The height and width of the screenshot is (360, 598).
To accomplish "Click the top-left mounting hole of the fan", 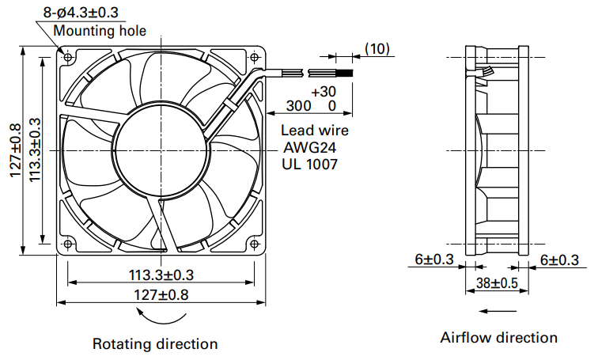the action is (68, 57).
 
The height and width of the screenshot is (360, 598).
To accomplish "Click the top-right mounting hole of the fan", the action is (254, 57).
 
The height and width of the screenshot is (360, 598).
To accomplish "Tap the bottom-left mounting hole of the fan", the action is (68, 244).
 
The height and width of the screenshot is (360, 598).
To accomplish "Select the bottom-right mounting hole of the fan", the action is (254, 244).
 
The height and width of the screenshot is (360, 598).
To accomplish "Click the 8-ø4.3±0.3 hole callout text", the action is (81, 12).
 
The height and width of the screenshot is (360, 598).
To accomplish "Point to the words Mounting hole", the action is (100, 31).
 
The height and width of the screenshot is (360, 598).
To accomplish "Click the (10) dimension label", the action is (377, 49).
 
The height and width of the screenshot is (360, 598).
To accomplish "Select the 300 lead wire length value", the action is (299, 106).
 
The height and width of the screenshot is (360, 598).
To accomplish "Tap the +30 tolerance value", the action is (324, 92).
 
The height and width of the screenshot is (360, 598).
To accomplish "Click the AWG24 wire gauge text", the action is (309, 147).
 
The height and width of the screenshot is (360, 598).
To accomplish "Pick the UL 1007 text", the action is (310, 164).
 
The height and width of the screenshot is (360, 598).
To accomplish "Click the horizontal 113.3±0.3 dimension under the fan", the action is (161, 275).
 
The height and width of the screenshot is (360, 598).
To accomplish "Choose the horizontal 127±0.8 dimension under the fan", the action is (161, 295).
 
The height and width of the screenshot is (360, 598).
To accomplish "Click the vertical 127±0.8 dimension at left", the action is (16, 150).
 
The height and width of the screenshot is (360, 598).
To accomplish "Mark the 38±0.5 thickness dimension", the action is (497, 283).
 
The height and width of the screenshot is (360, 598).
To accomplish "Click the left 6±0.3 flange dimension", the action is (434, 260).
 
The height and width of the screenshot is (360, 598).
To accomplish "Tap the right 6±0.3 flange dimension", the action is (559, 260).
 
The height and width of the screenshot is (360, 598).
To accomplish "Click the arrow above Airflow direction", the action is (492, 311).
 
